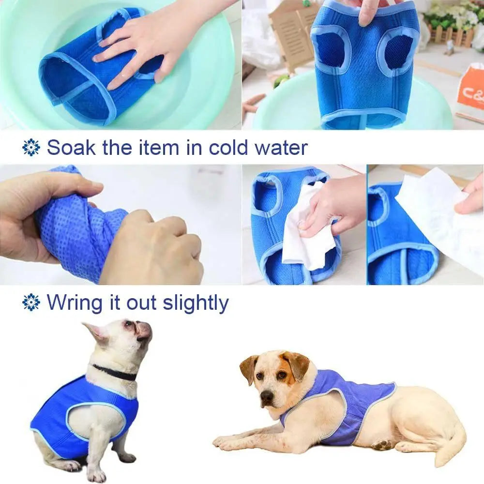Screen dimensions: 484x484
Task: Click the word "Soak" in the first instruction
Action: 71,148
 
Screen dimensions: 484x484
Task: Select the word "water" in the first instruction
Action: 281,148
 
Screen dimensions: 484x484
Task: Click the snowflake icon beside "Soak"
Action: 31,147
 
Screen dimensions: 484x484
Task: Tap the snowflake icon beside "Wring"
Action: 31,302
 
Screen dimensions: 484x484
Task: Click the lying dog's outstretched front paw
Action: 227,441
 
